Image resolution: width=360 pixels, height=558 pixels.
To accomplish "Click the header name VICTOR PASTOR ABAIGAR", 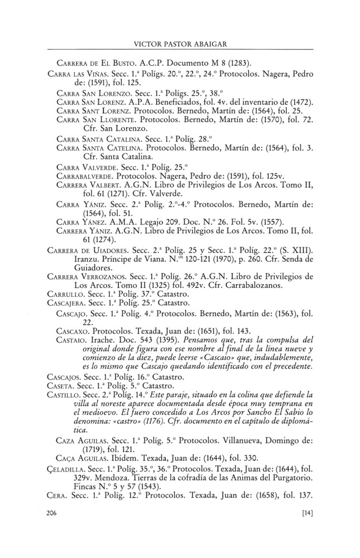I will pos(180,42).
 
